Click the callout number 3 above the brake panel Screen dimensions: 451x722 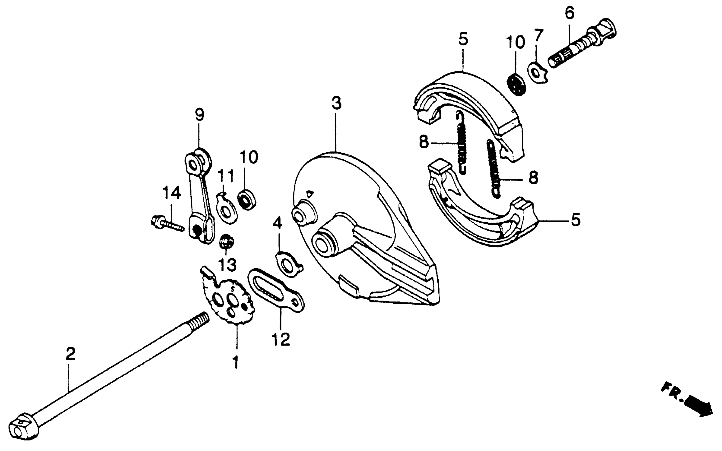tap(336, 103)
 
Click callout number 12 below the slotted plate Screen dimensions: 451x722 tap(281, 339)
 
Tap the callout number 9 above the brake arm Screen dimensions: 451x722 tap(199, 115)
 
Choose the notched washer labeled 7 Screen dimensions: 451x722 tap(537, 73)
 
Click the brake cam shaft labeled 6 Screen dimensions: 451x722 tap(582, 45)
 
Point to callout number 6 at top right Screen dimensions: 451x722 tap(569, 14)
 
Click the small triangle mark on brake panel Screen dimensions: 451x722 tap(311, 194)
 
